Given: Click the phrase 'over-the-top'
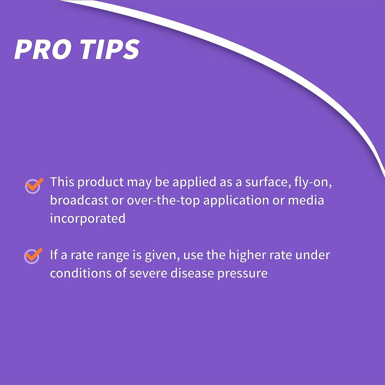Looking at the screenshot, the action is (x=163, y=201).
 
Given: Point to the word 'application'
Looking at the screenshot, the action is (x=236, y=201).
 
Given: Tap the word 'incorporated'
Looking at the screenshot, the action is (x=88, y=218).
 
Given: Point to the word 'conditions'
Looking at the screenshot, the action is (x=81, y=273).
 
